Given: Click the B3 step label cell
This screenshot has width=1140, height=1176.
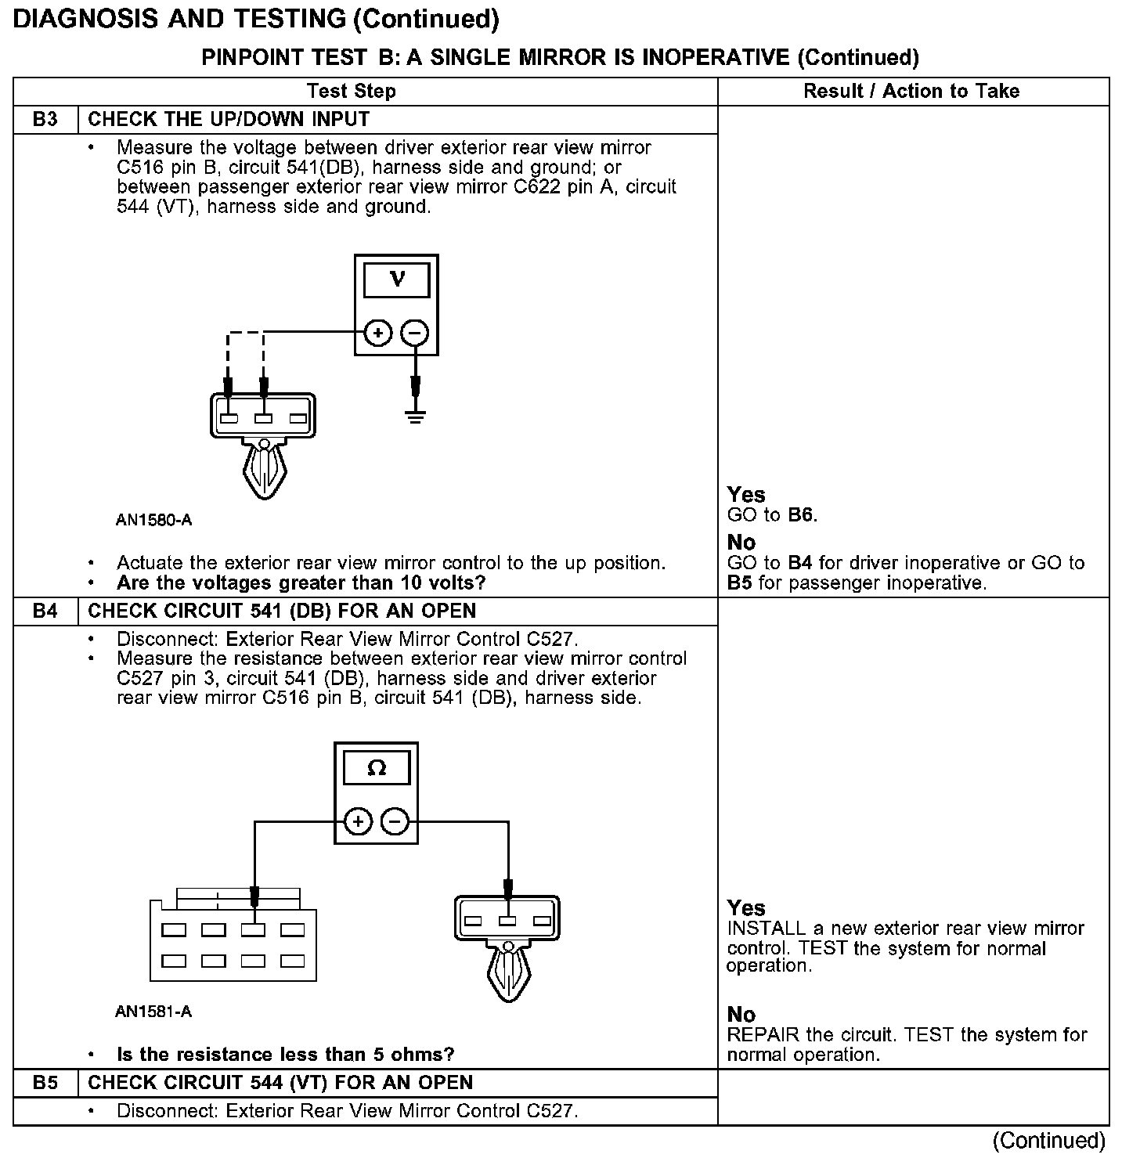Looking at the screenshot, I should [45, 120].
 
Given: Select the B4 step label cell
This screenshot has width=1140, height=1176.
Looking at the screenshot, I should [45, 611].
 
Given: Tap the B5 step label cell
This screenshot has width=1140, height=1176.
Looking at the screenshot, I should [45, 1083].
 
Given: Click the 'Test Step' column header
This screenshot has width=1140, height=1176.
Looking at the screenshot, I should [352, 92].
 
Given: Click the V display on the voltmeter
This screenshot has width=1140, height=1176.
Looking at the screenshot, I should [397, 280].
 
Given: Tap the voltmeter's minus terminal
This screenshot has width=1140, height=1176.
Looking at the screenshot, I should [415, 333].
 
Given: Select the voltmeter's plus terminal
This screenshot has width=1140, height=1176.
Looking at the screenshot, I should [378, 333].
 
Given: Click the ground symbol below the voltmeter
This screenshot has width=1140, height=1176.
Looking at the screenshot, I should [416, 415].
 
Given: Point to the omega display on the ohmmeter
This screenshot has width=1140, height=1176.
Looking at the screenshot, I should [377, 768].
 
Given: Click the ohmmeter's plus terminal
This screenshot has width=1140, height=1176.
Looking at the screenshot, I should [358, 822].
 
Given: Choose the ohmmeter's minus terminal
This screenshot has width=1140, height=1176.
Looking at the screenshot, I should [395, 822].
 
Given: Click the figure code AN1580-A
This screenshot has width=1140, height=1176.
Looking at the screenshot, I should [153, 520].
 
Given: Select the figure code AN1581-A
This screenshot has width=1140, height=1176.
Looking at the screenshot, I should [153, 1012].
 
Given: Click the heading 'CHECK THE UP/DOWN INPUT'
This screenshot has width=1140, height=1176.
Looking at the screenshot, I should [229, 120].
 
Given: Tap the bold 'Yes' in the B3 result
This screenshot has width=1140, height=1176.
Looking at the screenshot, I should [746, 495].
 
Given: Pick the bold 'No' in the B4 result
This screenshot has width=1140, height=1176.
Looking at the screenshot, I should [741, 1015].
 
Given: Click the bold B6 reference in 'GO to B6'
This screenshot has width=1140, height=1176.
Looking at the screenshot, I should [802, 515].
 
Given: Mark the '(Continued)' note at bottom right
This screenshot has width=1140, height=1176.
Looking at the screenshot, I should [1049, 1141].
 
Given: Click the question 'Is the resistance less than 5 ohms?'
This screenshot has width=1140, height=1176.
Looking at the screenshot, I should [285, 1055].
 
